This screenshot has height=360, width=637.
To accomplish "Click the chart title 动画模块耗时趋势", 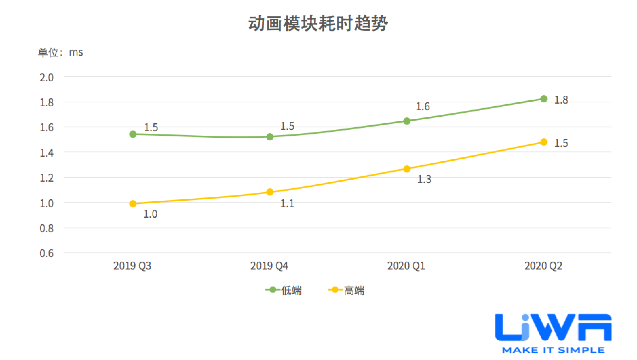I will click(x=318, y=24).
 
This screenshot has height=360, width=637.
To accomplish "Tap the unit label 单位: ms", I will click(x=61, y=52).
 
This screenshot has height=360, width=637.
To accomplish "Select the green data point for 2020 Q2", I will click(x=544, y=99).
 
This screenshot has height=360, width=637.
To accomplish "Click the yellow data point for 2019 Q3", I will click(x=133, y=204).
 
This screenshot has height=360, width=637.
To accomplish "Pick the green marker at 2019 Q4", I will click(x=270, y=137).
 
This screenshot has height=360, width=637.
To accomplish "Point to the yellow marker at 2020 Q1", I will click(x=407, y=169).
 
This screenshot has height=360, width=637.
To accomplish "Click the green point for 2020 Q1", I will click(x=407, y=121).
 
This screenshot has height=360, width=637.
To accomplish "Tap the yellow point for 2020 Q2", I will click(x=544, y=142).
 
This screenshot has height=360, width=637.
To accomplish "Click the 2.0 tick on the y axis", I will click(x=47, y=78).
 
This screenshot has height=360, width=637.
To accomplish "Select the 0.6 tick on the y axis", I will click(x=47, y=253).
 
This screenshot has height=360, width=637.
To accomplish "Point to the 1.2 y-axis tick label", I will click(x=47, y=178).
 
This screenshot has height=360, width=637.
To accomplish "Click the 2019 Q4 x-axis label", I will click(x=269, y=266).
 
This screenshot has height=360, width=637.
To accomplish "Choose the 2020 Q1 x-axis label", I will click(x=406, y=266).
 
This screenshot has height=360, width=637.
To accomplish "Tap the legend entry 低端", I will click(x=284, y=290).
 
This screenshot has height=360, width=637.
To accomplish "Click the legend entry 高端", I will click(x=346, y=290).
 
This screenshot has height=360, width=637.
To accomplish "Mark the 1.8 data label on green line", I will click(x=561, y=100).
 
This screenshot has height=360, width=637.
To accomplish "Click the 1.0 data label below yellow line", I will click(x=150, y=214).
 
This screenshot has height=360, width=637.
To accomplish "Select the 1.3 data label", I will click(x=424, y=179).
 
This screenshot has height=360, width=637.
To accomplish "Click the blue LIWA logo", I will click(x=553, y=328).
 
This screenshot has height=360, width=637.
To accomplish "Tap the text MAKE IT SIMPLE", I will click(x=553, y=350).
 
